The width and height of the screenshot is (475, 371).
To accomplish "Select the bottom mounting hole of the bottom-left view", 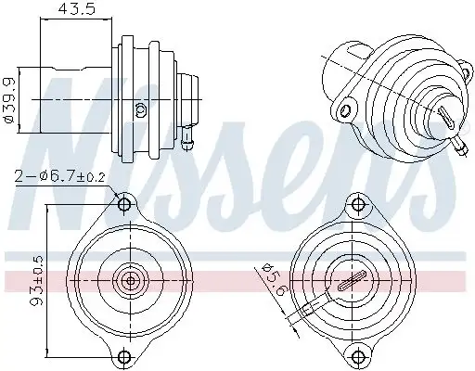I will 124,355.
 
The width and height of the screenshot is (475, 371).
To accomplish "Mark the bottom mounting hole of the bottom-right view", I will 356,355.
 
